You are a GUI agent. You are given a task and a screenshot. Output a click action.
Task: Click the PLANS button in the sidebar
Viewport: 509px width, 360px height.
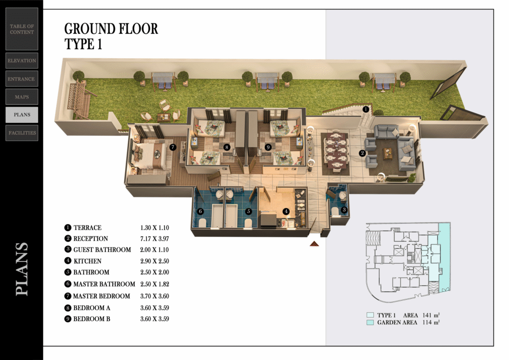point(22,115)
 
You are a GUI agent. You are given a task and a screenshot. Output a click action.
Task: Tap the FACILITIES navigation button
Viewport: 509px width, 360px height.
point(22,133)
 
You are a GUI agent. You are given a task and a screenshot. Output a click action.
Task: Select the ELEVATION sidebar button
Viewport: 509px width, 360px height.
point(22,61)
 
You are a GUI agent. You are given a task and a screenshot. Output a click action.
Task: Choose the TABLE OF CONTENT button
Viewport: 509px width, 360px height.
point(22,29)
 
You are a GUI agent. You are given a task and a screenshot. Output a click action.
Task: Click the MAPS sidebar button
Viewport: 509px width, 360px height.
point(22,97)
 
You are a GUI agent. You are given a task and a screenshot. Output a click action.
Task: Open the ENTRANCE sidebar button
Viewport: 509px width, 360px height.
point(22,79)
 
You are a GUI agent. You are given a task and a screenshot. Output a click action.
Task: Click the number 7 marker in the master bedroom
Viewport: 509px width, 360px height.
point(173,147)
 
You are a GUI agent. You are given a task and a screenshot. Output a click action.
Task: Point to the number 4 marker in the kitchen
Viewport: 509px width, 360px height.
point(286,211)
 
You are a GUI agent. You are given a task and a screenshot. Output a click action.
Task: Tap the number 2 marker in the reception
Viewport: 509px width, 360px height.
point(362,153)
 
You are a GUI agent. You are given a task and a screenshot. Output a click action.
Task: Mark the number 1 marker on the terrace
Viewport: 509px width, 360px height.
point(366,109)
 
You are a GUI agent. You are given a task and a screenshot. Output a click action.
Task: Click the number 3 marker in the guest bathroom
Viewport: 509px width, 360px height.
point(344,210)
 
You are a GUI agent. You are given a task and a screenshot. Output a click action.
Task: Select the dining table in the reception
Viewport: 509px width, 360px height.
point(335,152)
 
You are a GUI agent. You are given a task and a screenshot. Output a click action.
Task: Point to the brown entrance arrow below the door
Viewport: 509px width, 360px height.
point(314,244)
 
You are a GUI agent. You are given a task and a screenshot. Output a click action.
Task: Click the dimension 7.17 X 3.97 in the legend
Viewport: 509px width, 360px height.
point(155,239)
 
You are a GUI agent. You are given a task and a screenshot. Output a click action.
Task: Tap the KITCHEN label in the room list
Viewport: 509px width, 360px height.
point(87,261)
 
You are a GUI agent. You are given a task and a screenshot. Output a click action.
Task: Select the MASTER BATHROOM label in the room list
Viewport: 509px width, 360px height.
point(104,284)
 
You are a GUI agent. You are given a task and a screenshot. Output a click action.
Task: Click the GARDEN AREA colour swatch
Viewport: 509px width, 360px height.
point(370,322)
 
